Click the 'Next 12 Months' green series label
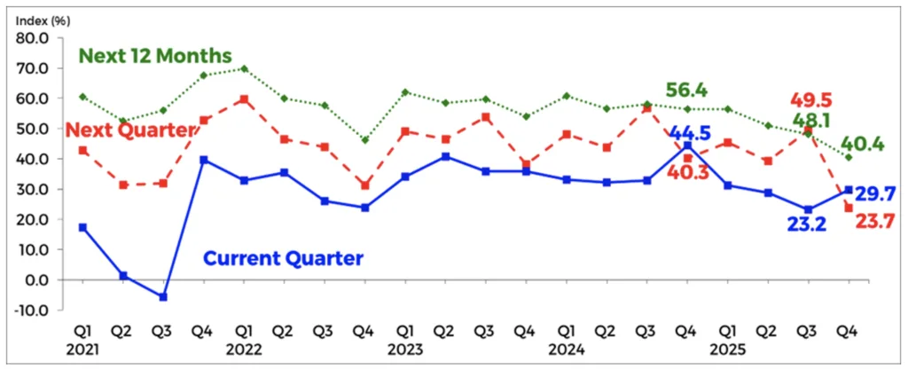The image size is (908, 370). pyautogui.click(x=155, y=56)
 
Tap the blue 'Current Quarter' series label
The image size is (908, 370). pyautogui.click(x=283, y=259)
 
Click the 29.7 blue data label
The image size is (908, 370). pyautogui.click(x=878, y=193)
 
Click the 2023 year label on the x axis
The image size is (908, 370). pyautogui.click(x=403, y=349)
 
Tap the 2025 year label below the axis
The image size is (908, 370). pyautogui.click(x=724, y=349)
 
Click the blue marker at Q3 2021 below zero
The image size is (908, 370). pyautogui.click(x=164, y=296)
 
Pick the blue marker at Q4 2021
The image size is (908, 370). pyautogui.click(x=204, y=160)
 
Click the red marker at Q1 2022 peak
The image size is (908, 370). pyautogui.click(x=244, y=99)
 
